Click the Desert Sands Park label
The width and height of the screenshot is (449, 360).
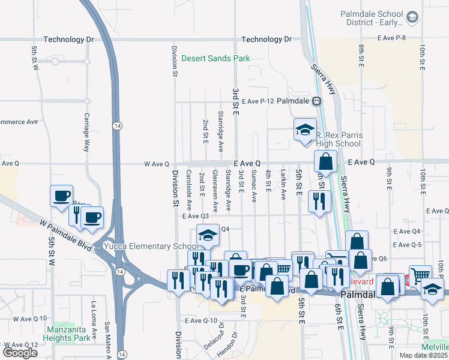pos(215,59)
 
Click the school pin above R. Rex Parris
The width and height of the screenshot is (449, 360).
pos(305,130)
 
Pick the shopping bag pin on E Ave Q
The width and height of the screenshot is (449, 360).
pos(325,161)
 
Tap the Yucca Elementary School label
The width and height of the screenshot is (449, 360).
pos(150,246)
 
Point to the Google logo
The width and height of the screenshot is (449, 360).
pos(20,352)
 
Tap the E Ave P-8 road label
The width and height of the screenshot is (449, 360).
pos(393,38)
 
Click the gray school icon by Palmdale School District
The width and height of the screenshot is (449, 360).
pos(412,17)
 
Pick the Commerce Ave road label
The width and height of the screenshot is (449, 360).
pos(19,121)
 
